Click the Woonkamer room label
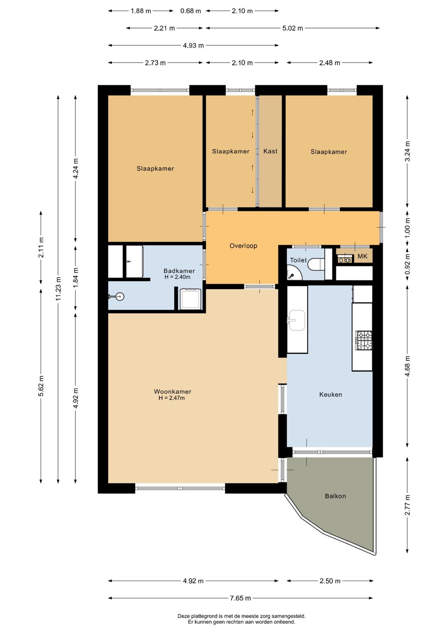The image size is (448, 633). pos(173,392)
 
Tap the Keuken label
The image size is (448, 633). pos(331,394)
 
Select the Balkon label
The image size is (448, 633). pos(335,496)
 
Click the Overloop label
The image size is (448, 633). pos(243,246)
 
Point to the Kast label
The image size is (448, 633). pos(270,151)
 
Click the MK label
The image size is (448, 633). pos(363,256)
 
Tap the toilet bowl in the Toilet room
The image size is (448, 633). pos(316,265)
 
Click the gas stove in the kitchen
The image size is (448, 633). pos(364,340)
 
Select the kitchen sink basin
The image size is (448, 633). pos(297,320)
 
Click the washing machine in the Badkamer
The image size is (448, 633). pos(190,299)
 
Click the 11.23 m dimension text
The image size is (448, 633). pos(58,289)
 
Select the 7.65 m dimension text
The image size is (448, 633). pos(240,598)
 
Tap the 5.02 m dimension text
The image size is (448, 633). pos(292,28)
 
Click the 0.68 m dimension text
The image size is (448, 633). pos(190,11)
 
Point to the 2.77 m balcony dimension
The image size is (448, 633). pos(407,505)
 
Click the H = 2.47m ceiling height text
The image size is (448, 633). pos(172,398)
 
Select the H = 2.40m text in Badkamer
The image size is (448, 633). pos(177,277)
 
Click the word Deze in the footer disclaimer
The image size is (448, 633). pos(183,616)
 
